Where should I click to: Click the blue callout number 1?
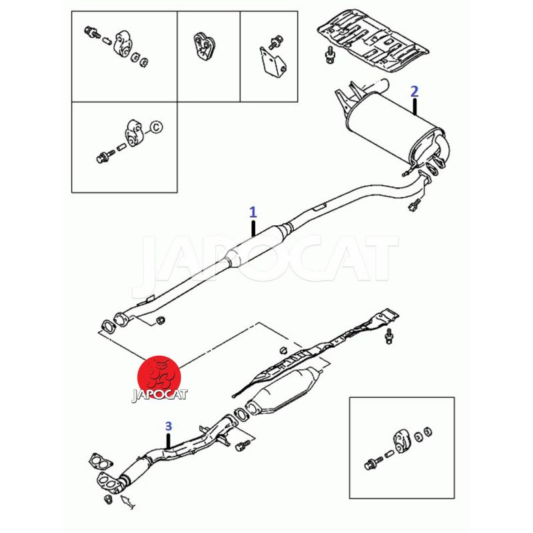(x=253, y=212)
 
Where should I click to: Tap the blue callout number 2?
(x=414, y=91)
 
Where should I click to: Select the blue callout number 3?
(x=169, y=426)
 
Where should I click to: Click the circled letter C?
(x=156, y=127)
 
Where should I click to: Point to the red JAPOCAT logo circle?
(x=159, y=377)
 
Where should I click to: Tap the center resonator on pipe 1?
(x=259, y=245)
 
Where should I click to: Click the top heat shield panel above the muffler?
(x=372, y=43)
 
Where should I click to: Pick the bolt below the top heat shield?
(x=329, y=55)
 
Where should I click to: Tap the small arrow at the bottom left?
(x=127, y=502)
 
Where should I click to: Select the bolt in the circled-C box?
(x=105, y=157)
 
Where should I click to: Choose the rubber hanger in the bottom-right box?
(x=401, y=442)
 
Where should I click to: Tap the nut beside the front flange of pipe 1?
(x=160, y=320)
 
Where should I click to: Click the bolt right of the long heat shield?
(x=389, y=336)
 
